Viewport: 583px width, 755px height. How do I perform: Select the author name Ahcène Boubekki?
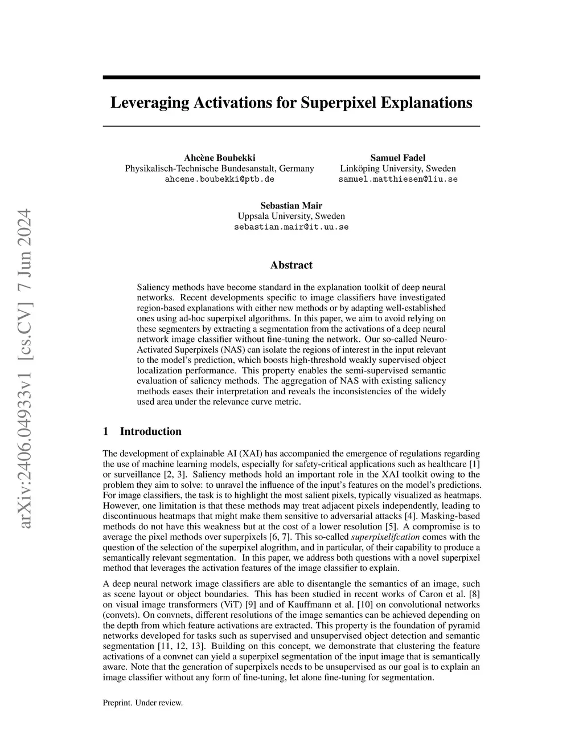[219, 158]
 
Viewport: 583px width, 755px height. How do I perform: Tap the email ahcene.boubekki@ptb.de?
[219, 179]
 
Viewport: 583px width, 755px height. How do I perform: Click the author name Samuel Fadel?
[397, 158]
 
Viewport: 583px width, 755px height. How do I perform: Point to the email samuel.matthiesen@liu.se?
[397, 179]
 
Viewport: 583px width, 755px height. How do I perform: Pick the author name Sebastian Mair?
[291, 206]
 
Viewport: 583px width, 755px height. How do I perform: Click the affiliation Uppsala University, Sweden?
[291, 216]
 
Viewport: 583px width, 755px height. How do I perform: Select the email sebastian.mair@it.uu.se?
[291, 227]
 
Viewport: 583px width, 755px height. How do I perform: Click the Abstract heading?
[291, 265]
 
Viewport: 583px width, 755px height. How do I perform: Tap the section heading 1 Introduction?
[142, 431]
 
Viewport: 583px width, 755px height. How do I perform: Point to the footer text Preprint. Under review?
[142, 703]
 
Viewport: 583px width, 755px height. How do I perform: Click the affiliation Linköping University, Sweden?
[397, 168]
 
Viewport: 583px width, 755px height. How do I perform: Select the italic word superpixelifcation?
[385, 537]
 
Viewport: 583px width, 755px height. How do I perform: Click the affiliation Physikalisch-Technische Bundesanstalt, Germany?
[219, 168]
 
